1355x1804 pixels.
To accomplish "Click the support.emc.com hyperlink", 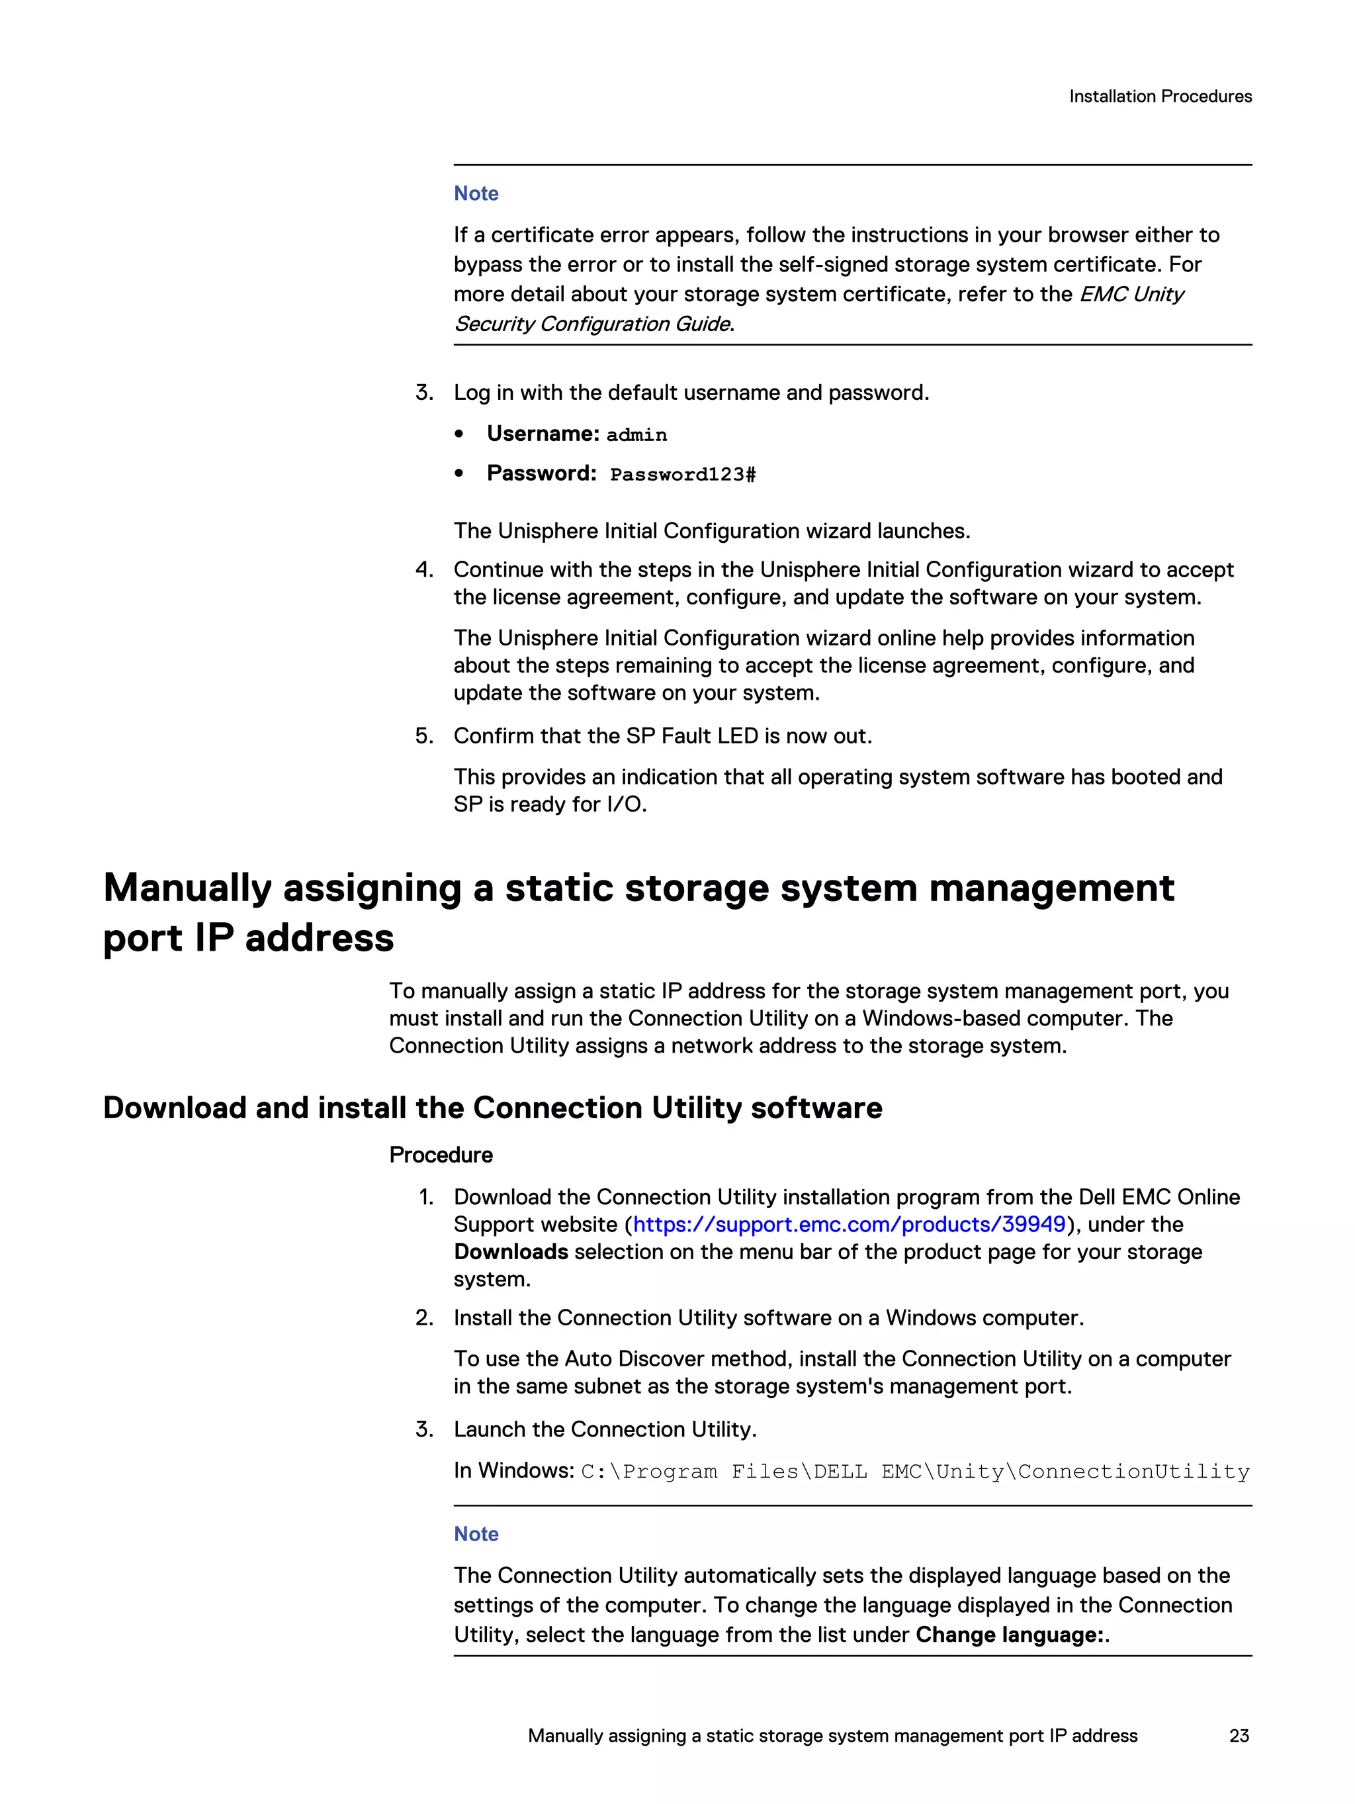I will click(x=849, y=1224).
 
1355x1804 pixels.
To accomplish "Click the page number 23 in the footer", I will click(x=1239, y=1736).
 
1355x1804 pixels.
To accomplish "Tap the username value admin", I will click(x=636, y=435).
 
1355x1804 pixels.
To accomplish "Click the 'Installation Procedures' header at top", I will click(x=1159, y=96).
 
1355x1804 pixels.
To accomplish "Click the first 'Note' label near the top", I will click(x=476, y=193).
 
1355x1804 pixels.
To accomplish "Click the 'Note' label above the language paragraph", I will click(x=476, y=1534).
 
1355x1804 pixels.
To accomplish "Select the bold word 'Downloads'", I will click(x=510, y=1252).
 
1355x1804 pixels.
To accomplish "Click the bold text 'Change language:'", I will click(x=1010, y=1635).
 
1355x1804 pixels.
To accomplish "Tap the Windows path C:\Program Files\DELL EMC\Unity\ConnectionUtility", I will click(x=915, y=1471).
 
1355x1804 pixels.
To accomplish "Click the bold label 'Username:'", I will click(x=543, y=433).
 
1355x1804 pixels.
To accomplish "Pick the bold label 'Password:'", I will click(x=541, y=473).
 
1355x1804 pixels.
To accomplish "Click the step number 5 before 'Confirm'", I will click(x=424, y=736).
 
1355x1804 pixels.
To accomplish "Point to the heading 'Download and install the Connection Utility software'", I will click(x=492, y=1108).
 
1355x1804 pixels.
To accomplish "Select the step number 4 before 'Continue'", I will click(x=424, y=569).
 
